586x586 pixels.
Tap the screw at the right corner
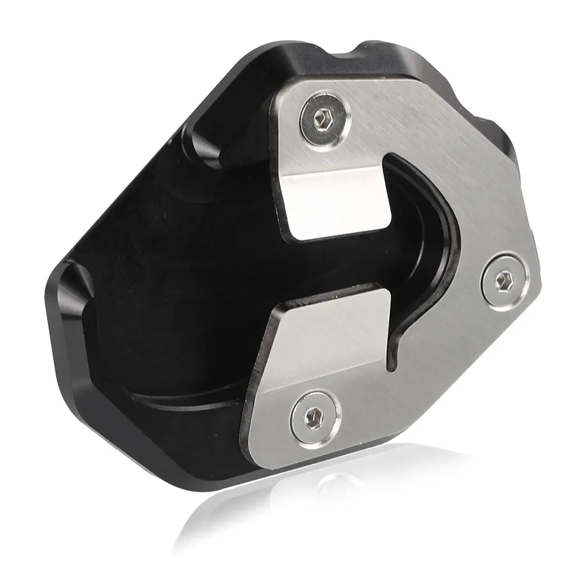coord(503,280)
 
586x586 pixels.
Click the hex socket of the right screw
coord(503,280)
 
